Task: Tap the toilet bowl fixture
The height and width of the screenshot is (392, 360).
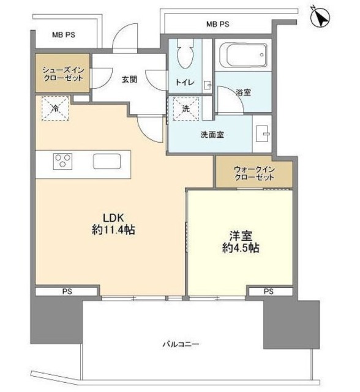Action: click(184, 58)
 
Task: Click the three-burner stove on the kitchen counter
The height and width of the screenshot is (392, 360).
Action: click(63, 162)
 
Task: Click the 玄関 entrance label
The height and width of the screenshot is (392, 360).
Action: click(128, 78)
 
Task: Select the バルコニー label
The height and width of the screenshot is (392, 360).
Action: click(181, 344)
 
